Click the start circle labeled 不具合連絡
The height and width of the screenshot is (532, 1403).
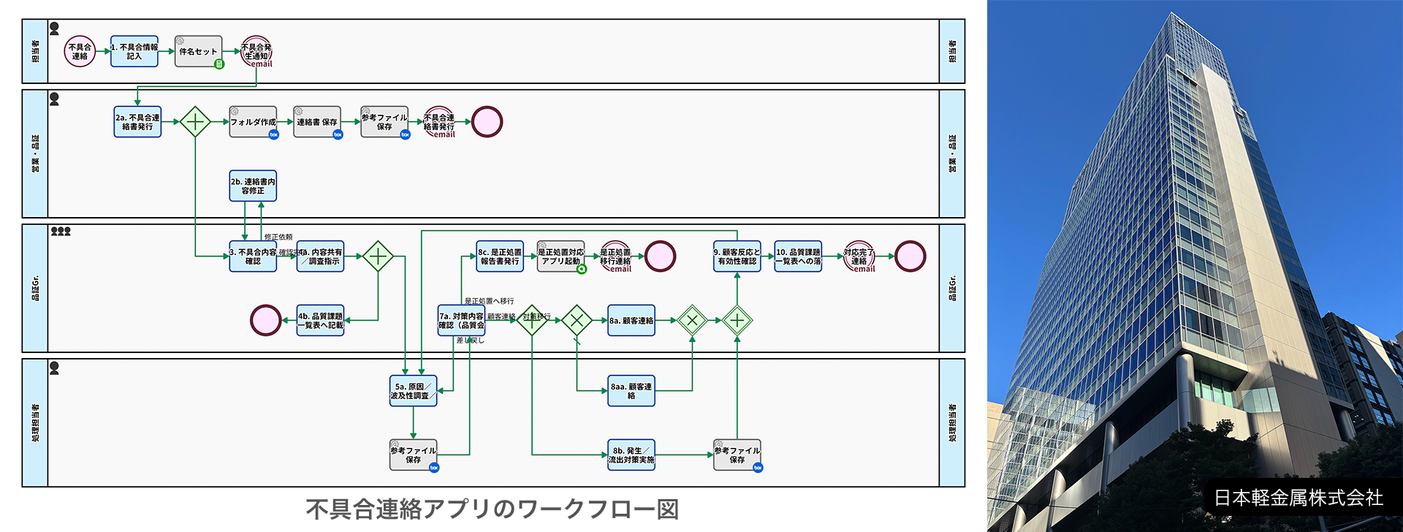click(80, 52)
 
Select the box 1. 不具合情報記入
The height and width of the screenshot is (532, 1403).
click(134, 52)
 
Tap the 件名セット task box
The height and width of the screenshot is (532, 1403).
click(198, 52)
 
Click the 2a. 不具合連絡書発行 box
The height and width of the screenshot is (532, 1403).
click(137, 122)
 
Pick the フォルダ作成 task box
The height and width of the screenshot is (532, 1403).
click(253, 122)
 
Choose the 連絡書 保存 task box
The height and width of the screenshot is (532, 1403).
click(317, 122)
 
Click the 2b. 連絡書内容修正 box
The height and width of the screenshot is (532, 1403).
click(253, 186)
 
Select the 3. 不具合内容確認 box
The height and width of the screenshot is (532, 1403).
click(253, 256)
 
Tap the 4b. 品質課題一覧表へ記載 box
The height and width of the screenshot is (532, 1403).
click(320, 321)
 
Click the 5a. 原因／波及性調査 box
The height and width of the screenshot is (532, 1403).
click(413, 391)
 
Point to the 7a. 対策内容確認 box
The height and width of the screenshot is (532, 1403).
click(461, 321)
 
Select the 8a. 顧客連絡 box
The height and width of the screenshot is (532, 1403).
click(631, 321)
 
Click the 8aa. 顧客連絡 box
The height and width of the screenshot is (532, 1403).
click(631, 391)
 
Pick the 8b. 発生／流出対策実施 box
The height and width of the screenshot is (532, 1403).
click(631, 455)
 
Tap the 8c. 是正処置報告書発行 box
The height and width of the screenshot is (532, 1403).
click(500, 256)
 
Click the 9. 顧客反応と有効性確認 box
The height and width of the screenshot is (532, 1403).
click(737, 256)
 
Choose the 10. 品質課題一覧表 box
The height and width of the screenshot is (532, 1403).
click(798, 256)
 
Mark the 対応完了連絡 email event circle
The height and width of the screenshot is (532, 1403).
click(859, 257)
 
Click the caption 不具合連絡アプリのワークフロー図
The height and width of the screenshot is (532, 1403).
click(492, 509)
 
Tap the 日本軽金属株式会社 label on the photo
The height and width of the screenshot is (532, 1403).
click(1299, 498)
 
